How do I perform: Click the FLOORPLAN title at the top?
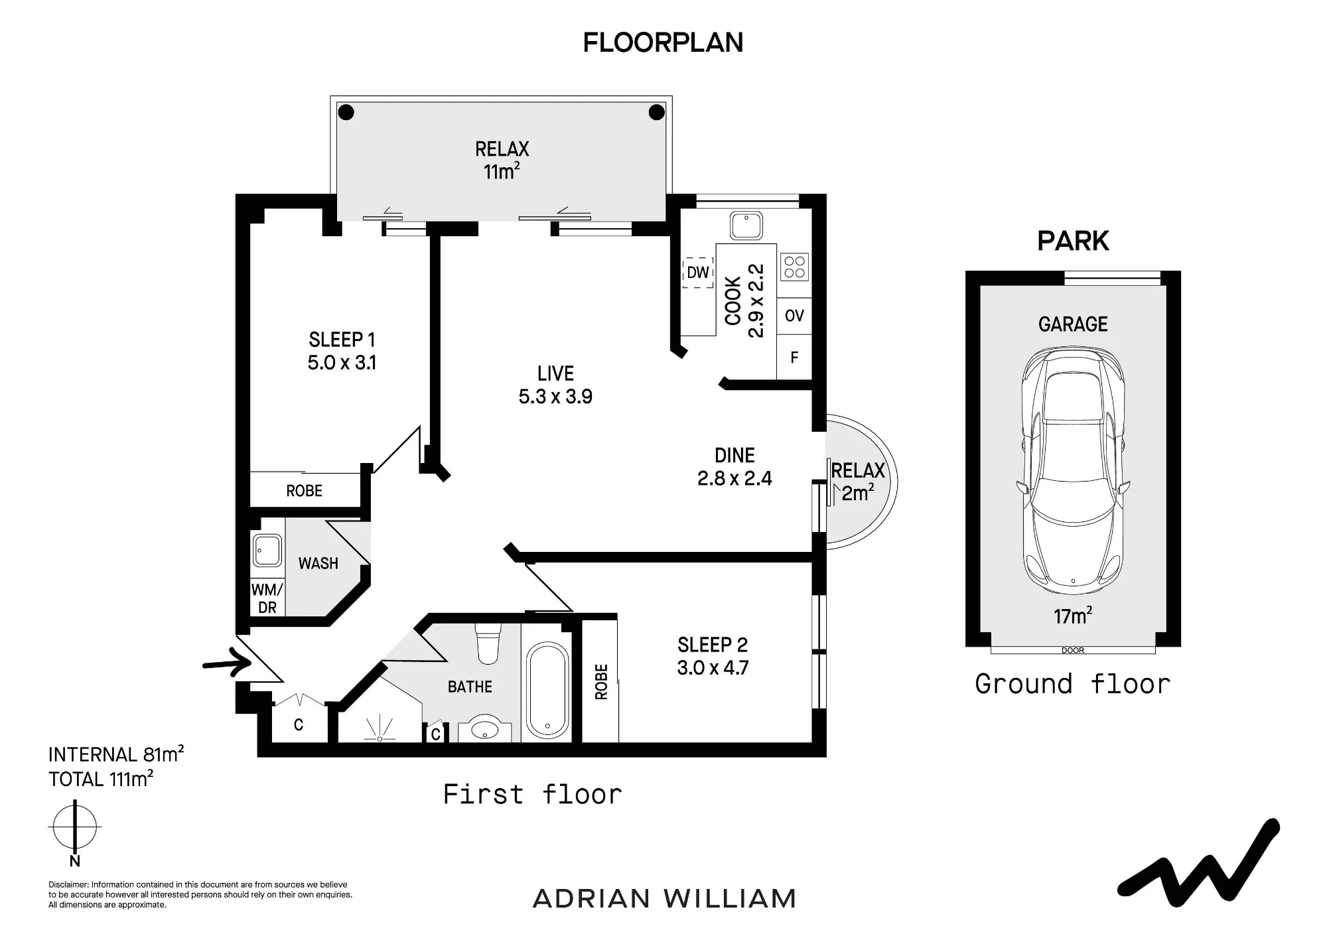tap(663, 42)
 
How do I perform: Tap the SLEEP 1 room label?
tap(342, 340)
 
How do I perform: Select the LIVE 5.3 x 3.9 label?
tap(555, 385)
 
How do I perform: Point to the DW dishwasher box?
tap(697, 272)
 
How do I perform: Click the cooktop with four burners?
tap(794, 267)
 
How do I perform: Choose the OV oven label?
tap(794, 316)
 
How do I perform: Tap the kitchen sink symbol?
tap(746, 225)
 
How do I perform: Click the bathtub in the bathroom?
tap(547, 690)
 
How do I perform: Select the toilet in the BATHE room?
tap(488, 643)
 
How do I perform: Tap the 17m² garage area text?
tap(1073, 616)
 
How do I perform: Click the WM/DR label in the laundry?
tap(267, 598)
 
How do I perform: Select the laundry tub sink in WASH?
tap(267, 551)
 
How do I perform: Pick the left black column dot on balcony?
tap(346, 112)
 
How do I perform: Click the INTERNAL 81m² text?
tap(116, 754)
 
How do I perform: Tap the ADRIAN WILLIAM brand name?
tap(664, 899)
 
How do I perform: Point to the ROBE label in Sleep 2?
tap(601, 681)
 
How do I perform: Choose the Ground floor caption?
tap(1073, 684)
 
